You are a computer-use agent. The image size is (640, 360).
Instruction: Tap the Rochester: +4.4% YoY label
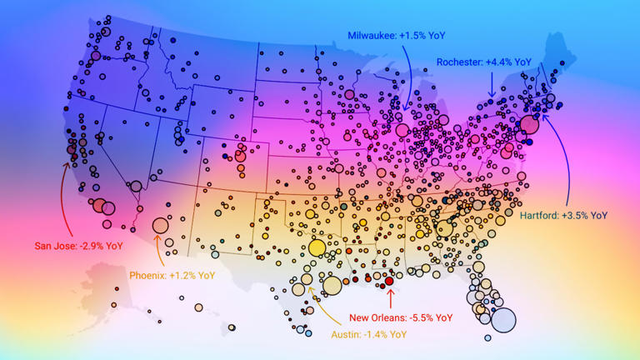point(484,62)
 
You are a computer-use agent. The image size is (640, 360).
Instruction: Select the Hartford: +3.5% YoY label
point(563,215)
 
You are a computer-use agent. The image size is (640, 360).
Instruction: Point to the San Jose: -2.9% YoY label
point(78,246)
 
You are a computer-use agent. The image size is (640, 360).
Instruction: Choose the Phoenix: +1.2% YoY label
point(172,275)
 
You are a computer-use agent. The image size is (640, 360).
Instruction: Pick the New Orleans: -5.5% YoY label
point(401,317)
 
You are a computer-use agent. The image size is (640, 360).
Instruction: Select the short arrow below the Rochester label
point(491,83)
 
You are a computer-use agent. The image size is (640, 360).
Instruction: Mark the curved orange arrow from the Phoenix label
point(157,250)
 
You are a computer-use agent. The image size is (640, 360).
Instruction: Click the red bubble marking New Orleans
point(389,282)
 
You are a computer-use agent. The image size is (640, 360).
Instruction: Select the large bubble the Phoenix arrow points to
point(160,225)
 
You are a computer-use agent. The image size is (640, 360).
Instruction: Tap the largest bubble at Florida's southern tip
point(503,320)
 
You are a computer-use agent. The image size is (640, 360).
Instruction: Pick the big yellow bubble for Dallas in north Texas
point(317,247)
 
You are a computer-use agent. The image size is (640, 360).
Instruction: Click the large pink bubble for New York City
point(528,126)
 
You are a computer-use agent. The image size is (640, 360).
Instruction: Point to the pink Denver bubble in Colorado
point(240,155)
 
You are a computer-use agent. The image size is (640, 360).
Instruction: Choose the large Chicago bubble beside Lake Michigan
point(402,130)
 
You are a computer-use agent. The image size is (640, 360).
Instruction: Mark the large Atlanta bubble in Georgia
point(444,228)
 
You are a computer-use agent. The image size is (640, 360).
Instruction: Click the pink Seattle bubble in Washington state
point(95,55)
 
